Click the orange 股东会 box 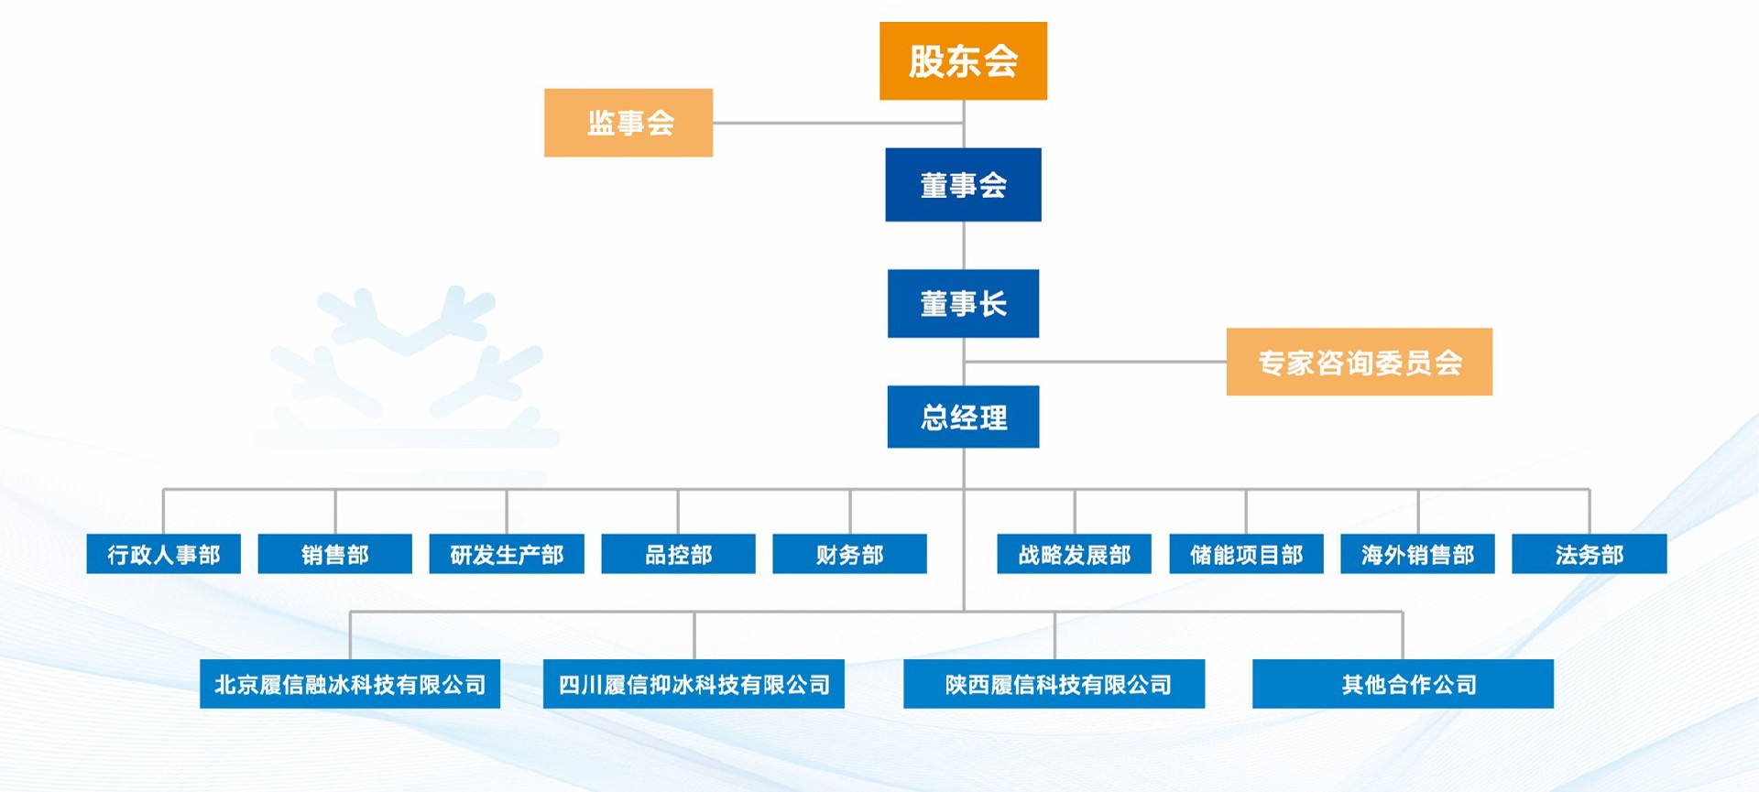pyautogui.click(x=963, y=61)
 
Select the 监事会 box pyautogui.click(x=628, y=123)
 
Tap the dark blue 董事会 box pyautogui.click(x=963, y=185)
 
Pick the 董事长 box pyautogui.click(x=963, y=304)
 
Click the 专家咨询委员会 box pyautogui.click(x=1359, y=363)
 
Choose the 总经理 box pyautogui.click(x=963, y=418)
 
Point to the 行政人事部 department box pyautogui.click(x=163, y=554)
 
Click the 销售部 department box pyautogui.click(x=334, y=554)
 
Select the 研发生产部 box pyautogui.click(x=507, y=554)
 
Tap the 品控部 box pyautogui.click(x=678, y=554)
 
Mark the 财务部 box pyautogui.click(x=849, y=554)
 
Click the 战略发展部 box pyautogui.click(x=1074, y=554)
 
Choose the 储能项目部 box pyautogui.click(x=1246, y=554)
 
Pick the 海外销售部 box pyautogui.click(x=1417, y=554)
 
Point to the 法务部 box pyautogui.click(x=1589, y=554)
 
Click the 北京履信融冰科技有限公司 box pyautogui.click(x=350, y=684)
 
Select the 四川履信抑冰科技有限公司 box pyautogui.click(x=694, y=684)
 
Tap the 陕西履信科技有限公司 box pyautogui.click(x=1054, y=684)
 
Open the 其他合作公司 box pyautogui.click(x=1403, y=684)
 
